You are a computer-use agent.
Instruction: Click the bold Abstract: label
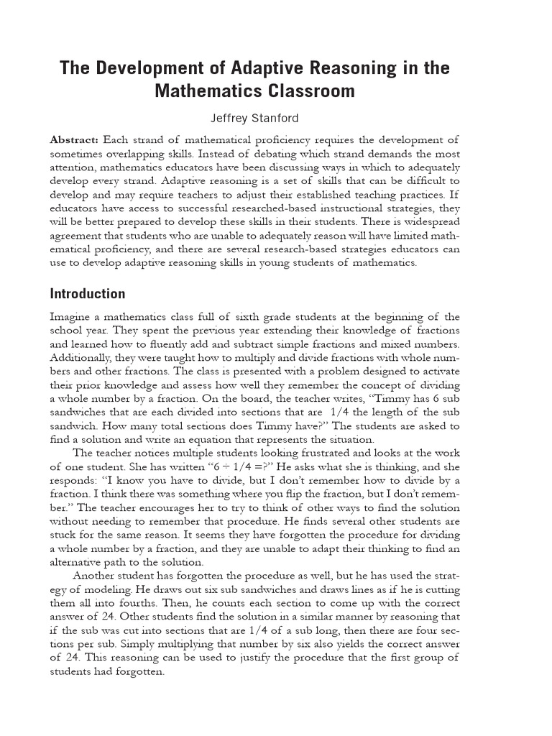75,139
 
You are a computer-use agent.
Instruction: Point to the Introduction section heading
87,293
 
